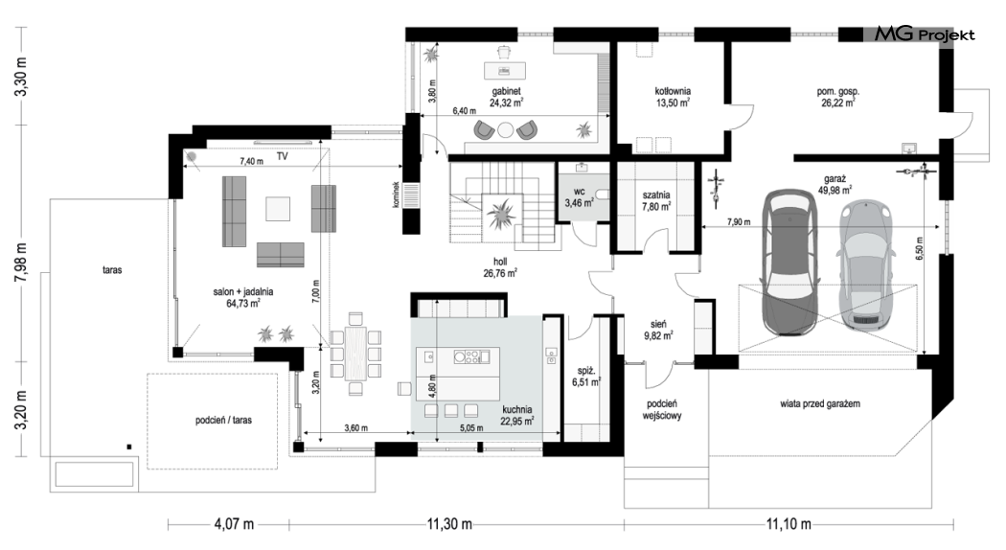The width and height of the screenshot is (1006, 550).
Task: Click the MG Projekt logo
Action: tap(925, 34)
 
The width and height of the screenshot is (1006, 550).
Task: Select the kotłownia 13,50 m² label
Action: tap(673, 97)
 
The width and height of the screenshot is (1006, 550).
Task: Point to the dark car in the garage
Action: tap(788, 262)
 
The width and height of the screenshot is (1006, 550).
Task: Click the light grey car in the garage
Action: tap(865, 265)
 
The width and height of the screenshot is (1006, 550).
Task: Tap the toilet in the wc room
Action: tap(601, 195)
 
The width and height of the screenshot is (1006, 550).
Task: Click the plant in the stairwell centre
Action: tap(500, 213)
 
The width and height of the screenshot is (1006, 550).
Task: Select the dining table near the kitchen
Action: tap(355, 353)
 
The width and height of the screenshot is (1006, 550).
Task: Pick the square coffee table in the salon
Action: tap(278, 209)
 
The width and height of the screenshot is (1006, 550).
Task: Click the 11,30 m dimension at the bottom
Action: tap(449, 524)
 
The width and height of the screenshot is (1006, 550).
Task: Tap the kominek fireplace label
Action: tap(397, 195)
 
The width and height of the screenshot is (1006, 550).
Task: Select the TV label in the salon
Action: tap(283, 156)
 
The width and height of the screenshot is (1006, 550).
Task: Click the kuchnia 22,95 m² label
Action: tap(517, 415)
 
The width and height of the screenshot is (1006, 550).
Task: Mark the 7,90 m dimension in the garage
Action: tap(739, 222)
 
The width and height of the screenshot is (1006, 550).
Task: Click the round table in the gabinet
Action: tap(506, 130)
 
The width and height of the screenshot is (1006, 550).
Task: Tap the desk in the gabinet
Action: tap(504, 69)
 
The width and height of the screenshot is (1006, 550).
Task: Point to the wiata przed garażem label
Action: tap(820, 403)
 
